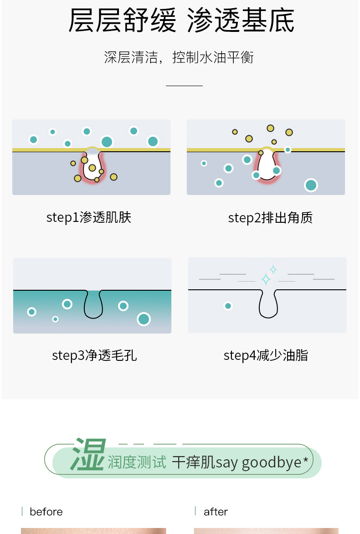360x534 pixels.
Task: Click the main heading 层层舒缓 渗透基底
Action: (181, 21)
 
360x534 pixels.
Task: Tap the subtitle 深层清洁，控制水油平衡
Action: (179, 57)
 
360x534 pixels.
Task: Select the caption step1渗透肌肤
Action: (88, 217)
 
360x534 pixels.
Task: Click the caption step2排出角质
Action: (270, 218)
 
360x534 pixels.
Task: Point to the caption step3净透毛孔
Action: (94, 355)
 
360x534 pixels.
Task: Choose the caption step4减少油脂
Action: (266, 355)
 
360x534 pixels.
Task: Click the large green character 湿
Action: (88, 454)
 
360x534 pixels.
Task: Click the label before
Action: (46, 512)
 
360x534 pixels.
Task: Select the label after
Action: (216, 512)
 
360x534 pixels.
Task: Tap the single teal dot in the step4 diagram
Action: (228, 306)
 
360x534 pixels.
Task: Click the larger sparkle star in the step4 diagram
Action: (266, 279)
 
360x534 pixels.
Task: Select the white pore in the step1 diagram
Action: (93, 165)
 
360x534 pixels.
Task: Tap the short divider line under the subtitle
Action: (184, 86)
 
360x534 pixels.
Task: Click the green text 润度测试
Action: (137, 462)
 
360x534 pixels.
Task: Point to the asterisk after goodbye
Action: (305, 460)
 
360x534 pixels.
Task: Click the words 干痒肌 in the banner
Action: (193, 462)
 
